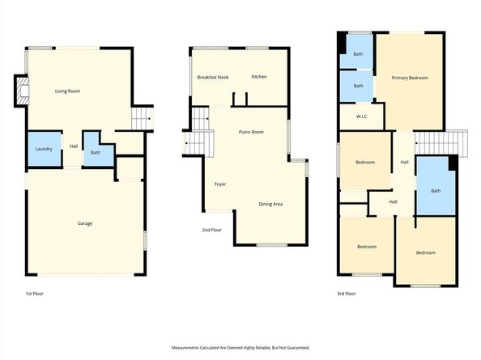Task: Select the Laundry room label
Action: point(44,148)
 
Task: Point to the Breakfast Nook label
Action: point(213,77)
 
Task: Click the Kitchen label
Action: point(259,77)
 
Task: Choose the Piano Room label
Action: point(250,131)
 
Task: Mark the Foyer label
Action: point(220,184)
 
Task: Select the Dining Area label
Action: point(270,204)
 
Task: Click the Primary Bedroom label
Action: point(410,78)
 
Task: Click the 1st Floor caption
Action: point(34,293)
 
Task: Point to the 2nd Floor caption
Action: point(212,231)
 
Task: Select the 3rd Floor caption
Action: point(346,293)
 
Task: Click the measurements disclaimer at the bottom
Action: point(240,347)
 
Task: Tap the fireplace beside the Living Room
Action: point(20,91)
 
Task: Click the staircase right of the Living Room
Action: point(143,118)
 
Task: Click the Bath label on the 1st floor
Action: point(96,152)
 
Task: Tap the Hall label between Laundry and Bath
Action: point(74,146)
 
